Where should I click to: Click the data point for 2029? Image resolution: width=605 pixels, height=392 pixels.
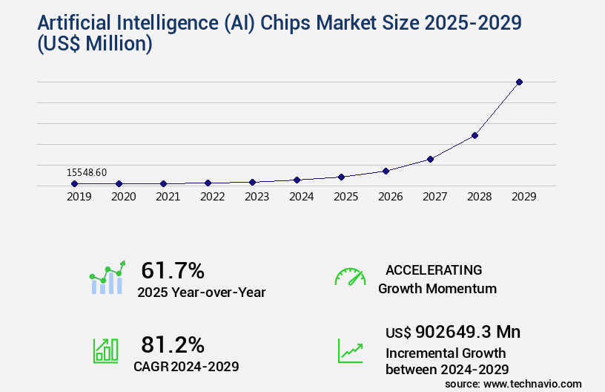point(519,82)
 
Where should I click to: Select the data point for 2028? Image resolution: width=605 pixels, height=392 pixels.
point(475,135)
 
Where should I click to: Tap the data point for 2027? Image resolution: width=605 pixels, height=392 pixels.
point(430,159)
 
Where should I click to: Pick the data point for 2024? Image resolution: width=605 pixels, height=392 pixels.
point(297,180)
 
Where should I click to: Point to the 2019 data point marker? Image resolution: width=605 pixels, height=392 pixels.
point(75,183)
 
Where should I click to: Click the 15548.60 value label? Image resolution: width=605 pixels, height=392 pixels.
point(87,172)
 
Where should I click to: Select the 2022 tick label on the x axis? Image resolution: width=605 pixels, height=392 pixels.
point(212,197)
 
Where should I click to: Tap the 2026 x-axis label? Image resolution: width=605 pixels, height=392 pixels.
point(390,197)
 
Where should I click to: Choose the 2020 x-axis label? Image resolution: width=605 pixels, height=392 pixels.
point(123,197)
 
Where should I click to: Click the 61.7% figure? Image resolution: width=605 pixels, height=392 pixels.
point(172,270)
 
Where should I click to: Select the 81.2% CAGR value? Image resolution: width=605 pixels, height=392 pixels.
point(172,344)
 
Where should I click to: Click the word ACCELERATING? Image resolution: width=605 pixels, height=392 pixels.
point(434,269)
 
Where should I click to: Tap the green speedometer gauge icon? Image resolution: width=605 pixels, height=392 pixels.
point(350,277)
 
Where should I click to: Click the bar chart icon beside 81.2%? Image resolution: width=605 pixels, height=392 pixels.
point(105,350)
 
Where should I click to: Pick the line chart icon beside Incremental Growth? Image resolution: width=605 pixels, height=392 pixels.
point(350,350)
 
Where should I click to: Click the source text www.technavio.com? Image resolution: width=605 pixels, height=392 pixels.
point(532,384)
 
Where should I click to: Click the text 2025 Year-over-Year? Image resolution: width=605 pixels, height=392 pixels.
point(201,293)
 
